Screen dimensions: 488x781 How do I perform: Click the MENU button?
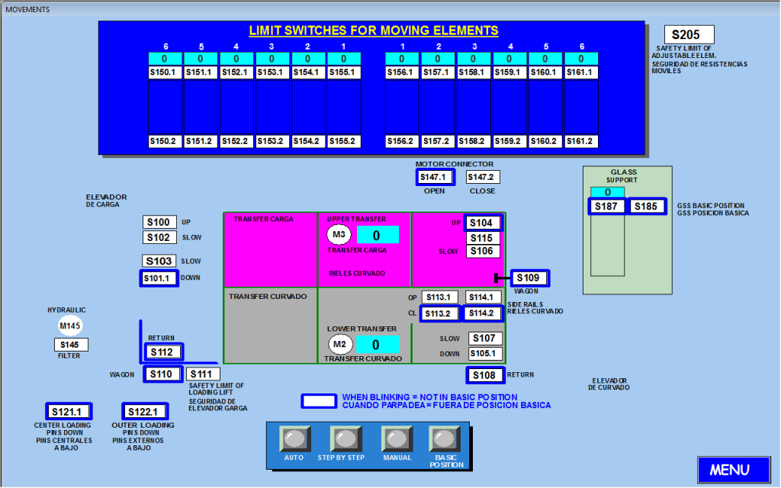(729, 470)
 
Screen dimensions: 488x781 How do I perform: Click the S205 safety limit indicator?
(689, 34)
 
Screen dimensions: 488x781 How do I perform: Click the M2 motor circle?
(339, 345)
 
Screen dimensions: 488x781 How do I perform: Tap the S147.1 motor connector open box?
(435, 177)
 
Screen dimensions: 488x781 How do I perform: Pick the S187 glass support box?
(607, 206)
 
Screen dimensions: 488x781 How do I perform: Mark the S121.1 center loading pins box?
(69, 412)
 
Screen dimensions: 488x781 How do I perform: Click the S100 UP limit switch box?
(159, 222)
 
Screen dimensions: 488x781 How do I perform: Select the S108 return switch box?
(484, 375)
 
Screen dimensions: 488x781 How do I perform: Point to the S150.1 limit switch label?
(162, 72)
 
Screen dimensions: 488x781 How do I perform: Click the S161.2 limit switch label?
(580, 141)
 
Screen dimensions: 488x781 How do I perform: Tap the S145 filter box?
(71, 345)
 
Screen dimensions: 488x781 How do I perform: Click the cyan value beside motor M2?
(376, 345)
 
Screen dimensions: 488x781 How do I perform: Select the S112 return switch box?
(163, 352)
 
